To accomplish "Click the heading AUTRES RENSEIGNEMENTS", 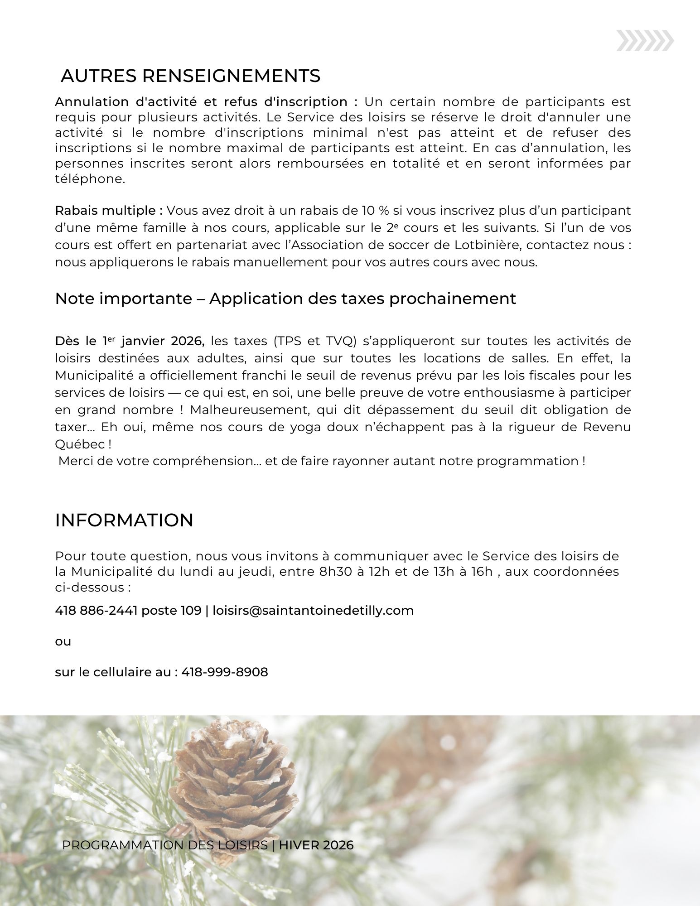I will coord(190,76).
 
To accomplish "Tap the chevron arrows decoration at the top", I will coord(645,42).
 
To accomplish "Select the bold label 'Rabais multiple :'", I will coord(109,211).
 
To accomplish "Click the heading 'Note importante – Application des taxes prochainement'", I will coord(285,299).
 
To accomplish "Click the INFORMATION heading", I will coord(124,520).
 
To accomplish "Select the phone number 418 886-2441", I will coord(96,611).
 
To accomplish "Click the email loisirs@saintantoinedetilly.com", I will coord(313,611).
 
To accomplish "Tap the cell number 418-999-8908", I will coord(225,672).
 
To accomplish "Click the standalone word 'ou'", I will coord(63,641).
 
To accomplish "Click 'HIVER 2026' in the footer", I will coord(316,845).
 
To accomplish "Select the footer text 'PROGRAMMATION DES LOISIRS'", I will coord(165,845).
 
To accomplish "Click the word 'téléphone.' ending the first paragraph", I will coord(90,179).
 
